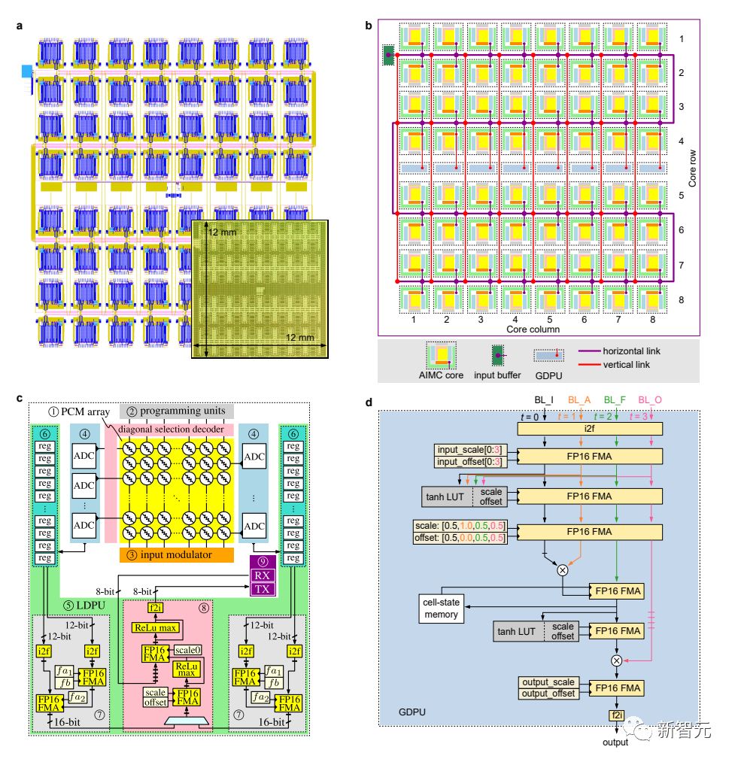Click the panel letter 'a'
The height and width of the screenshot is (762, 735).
point(19,26)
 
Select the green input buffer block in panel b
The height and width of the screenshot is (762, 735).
point(388,55)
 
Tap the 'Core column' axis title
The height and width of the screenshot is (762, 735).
point(533,329)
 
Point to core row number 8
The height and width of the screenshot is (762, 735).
point(681,300)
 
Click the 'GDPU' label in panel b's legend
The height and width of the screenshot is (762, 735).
point(548,375)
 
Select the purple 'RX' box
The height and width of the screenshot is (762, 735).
point(263,575)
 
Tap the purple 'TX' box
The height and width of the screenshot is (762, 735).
point(263,589)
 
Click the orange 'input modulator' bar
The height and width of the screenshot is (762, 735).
point(177,555)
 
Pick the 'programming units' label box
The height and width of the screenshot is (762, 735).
point(177,411)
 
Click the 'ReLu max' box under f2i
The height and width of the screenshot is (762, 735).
point(156,627)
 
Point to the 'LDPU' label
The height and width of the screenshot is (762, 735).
point(84,605)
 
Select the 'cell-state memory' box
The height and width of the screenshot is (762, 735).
point(441,609)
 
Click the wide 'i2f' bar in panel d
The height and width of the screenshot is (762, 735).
point(590,429)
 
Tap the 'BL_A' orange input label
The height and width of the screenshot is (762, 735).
point(579,400)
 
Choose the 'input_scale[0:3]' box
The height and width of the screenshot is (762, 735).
point(470,450)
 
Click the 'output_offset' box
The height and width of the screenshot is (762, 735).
point(548,694)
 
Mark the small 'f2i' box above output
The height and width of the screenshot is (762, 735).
point(616,715)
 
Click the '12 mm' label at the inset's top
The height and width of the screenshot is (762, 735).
point(222,232)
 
